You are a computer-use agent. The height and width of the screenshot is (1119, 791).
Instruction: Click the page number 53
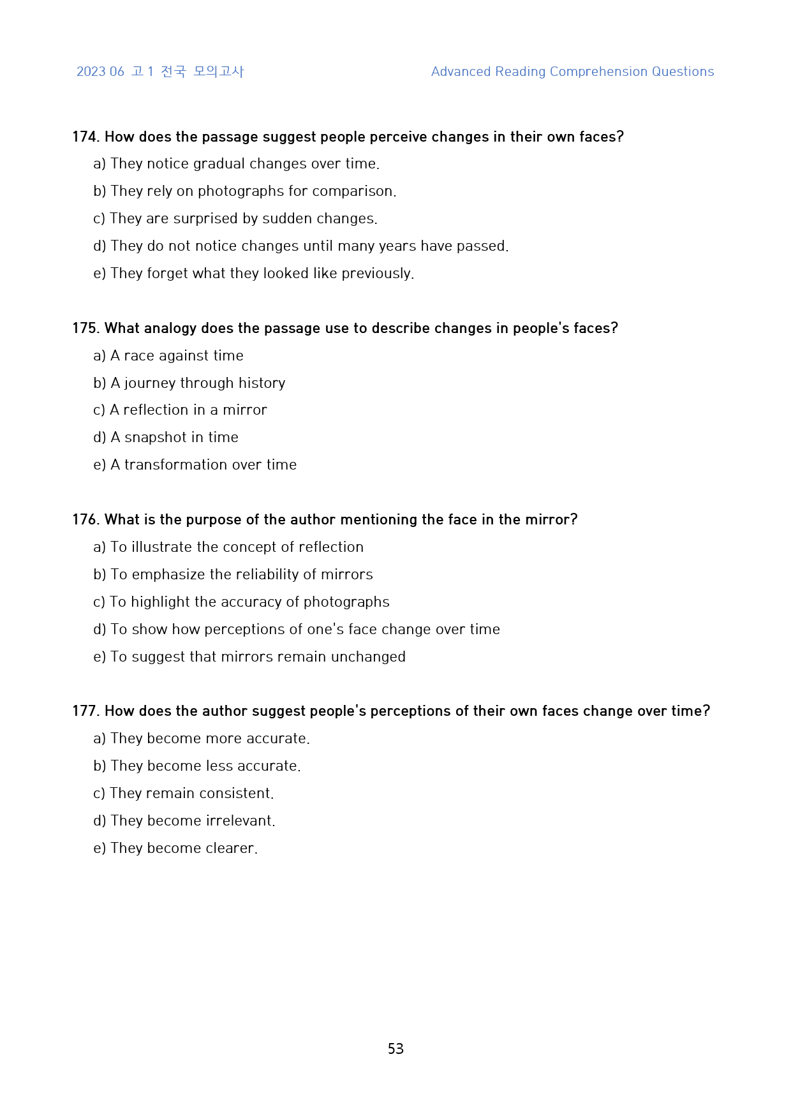(395, 1048)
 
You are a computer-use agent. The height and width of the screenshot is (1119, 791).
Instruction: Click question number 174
(85, 137)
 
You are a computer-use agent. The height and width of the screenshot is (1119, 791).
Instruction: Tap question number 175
(85, 328)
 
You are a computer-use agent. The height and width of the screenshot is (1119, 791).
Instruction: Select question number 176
(85, 519)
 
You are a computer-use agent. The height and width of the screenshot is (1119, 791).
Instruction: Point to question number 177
(85, 711)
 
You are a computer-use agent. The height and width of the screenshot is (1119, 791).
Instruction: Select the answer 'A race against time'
(177, 355)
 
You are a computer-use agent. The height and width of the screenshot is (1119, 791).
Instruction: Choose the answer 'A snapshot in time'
(174, 437)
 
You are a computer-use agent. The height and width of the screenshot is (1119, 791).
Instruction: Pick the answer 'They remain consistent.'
(191, 793)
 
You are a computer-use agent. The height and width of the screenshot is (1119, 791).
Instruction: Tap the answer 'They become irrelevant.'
(193, 820)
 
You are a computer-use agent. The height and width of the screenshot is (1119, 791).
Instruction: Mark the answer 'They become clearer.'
(184, 848)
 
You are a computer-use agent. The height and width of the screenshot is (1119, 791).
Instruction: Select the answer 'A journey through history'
(198, 383)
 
